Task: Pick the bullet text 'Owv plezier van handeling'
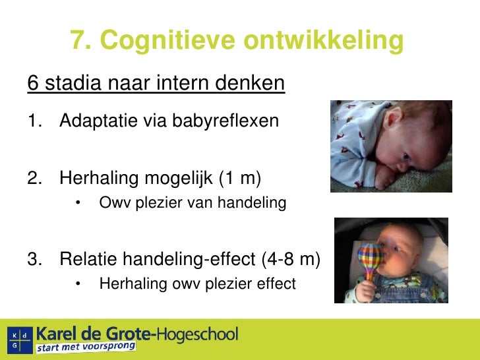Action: click(x=193, y=203)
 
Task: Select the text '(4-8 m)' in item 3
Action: click(x=290, y=259)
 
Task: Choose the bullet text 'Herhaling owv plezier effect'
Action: click(x=197, y=284)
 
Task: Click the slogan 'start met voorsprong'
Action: click(x=86, y=347)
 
